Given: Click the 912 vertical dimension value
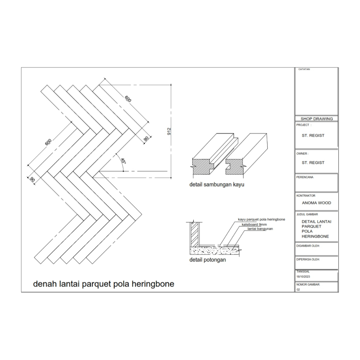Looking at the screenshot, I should (169, 131).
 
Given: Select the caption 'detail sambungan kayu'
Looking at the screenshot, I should (217, 184).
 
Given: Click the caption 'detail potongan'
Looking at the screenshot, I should (207, 260).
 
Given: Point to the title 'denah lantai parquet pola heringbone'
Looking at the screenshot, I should (103, 284).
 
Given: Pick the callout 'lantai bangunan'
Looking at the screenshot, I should (260, 229).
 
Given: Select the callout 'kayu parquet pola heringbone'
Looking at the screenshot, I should (261, 219).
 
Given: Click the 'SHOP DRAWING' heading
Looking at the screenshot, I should (316, 119).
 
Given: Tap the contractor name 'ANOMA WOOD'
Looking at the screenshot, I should (316, 203).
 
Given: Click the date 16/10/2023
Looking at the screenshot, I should (303, 277).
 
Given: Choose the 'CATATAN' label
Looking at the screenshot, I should (304, 69).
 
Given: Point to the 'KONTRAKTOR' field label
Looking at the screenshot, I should (306, 195).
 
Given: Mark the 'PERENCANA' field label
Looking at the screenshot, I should (305, 177).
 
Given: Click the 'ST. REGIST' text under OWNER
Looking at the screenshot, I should (313, 163).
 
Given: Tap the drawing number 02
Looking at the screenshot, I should (298, 290).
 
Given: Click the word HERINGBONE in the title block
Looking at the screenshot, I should (315, 236).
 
